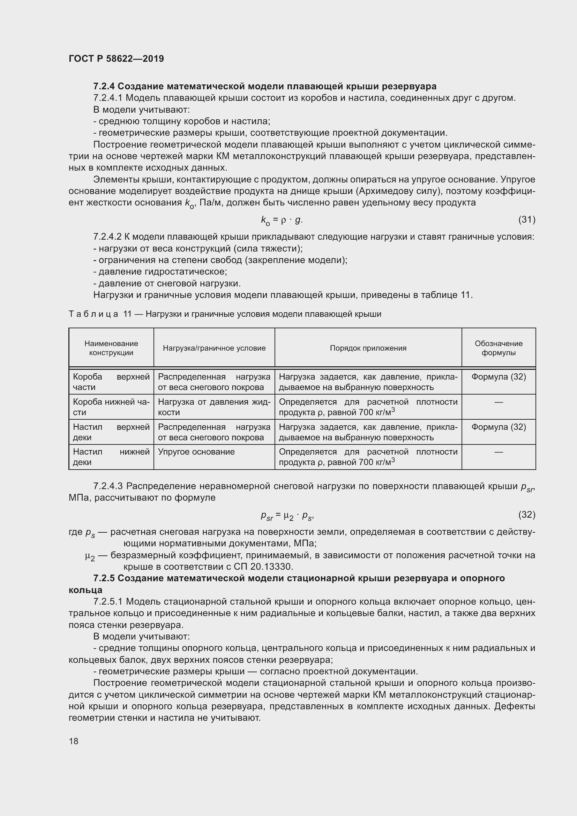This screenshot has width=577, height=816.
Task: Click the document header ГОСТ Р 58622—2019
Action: (116, 59)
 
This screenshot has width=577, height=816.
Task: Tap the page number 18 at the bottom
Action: (74, 741)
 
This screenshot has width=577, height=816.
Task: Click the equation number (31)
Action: (526, 220)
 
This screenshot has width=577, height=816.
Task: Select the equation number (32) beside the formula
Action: (526, 515)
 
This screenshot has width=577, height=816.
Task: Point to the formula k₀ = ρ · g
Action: (282, 220)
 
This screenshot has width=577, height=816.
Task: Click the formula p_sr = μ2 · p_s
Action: (287, 516)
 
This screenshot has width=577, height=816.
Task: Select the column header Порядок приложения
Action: (368, 348)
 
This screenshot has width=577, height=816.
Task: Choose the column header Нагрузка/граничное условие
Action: (214, 348)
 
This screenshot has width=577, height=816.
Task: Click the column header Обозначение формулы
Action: (499, 348)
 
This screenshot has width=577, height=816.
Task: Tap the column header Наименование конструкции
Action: (111, 348)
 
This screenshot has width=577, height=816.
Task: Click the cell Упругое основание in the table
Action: (196, 452)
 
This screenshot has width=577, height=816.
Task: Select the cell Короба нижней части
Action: (111, 407)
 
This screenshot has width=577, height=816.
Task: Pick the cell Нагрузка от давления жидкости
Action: (214, 407)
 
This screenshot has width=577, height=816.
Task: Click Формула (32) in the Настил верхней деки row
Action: (499, 427)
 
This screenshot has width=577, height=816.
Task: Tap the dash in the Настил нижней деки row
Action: (499, 452)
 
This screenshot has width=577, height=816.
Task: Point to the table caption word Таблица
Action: (93, 314)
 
